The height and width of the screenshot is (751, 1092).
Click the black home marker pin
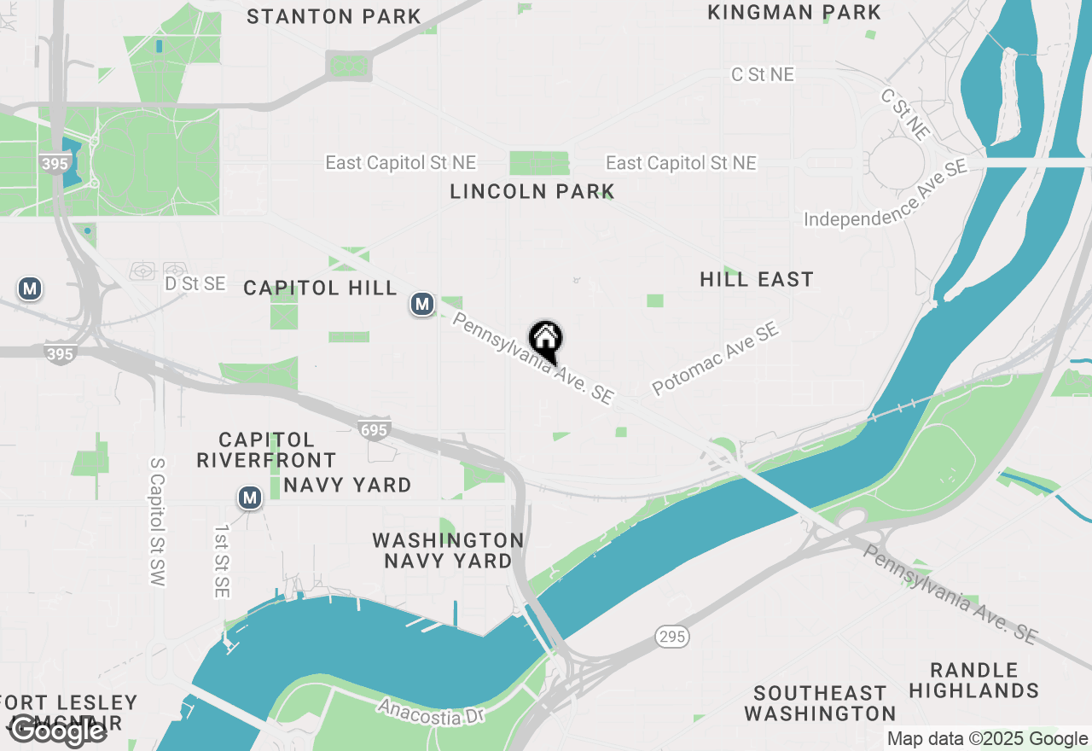[546, 340]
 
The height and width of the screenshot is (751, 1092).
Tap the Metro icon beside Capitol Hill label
[421, 303]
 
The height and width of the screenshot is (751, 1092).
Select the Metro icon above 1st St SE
[249, 498]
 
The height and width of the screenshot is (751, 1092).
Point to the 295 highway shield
[672, 636]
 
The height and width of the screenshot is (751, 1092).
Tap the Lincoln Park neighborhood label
[532, 191]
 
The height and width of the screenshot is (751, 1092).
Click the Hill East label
[757, 279]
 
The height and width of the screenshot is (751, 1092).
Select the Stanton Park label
[334, 16]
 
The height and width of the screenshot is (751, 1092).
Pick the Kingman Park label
[794, 13]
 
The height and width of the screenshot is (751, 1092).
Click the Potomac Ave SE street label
[716, 358]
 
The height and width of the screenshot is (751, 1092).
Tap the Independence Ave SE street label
[886, 193]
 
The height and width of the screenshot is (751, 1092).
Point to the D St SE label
[195, 283]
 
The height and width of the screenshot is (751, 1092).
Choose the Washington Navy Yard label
[448, 550]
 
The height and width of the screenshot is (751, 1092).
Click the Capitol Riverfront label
[266, 450]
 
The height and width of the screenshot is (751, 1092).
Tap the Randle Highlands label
[973, 680]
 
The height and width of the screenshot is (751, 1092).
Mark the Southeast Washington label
[820, 702]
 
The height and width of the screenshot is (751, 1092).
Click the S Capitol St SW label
[157, 521]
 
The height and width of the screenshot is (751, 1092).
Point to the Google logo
[56, 731]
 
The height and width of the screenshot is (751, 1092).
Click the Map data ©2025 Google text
[987, 739]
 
